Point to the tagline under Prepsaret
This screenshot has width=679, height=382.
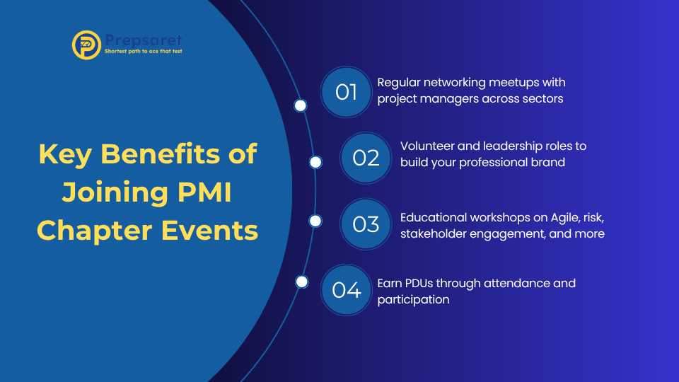(x=144, y=52)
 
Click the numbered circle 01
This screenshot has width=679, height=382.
(x=347, y=92)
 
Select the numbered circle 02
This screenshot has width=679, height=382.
(x=366, y=158)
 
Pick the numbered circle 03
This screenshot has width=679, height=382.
(x=366, y=224)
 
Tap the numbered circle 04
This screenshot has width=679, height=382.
(x=347, y=290)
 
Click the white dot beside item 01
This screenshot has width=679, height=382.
(x=300, y=105)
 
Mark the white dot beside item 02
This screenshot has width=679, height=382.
(x=315, y=163)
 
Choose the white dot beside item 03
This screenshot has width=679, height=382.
(x=315, y=221)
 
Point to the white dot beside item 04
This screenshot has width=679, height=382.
(x=302, y=282)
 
